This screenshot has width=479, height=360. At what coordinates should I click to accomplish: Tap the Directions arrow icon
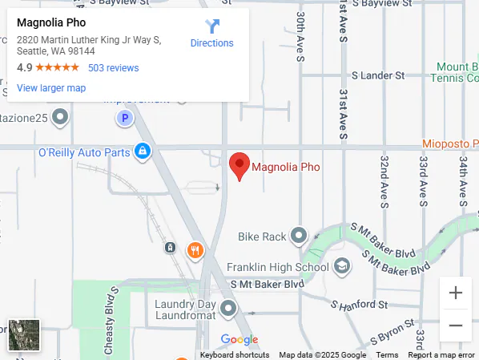pos(212,26)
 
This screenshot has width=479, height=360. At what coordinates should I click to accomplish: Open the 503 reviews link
pos(113,68)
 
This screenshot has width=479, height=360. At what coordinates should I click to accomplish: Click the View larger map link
pos(50,88)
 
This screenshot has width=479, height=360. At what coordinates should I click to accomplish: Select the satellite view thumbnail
pos(24,335)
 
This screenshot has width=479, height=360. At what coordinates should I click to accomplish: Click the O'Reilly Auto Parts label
pos(83,152)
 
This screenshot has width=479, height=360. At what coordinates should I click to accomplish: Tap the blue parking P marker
pos(124,119)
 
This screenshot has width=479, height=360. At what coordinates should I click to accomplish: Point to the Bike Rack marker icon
pos(299,236)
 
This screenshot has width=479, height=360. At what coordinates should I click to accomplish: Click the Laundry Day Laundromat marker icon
pos(228,308)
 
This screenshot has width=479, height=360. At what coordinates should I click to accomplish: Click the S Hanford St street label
pos(360,305)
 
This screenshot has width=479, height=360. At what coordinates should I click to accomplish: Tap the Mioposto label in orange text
pos(451,144)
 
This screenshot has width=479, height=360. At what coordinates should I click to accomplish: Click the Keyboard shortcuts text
pos(235,355)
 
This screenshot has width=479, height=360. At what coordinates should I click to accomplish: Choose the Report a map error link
pos(443,355)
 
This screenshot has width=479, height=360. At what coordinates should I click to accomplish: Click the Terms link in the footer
pos(387,355)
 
